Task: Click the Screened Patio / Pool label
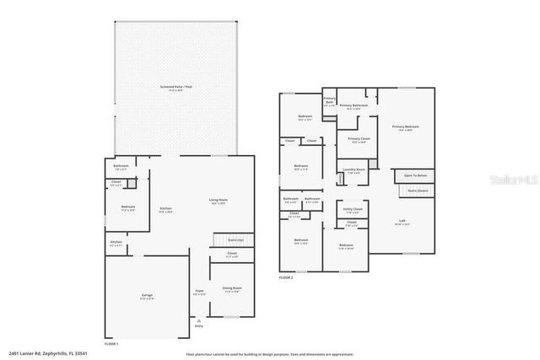coord(176,86)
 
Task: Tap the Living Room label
coord(219,201)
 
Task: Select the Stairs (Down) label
coord(418,191)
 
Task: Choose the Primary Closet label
coord(359,139)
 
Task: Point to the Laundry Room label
coord(355,170)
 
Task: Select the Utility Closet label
coord(353,209)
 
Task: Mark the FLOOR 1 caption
coord(111,344)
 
